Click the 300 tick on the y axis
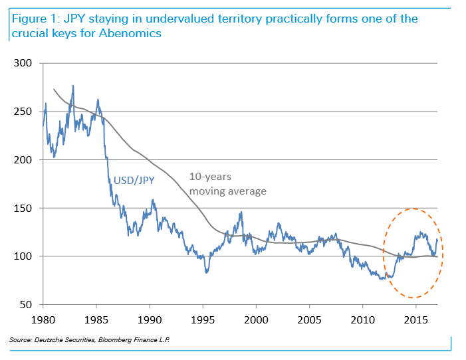point(25,64)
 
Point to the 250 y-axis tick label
point(25,112)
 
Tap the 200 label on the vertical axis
point(25,160)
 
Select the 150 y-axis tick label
point(25,208)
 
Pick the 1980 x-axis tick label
point(43,319)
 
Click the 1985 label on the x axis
point(96,319)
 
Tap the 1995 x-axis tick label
point(203,319)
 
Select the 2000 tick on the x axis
point(256,319)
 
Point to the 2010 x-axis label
point(362,319)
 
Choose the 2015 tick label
point(415,319)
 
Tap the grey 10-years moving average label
point(228,185)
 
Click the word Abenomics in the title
point(130,33)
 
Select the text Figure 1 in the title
point(33,19)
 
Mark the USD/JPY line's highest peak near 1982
point(72,86)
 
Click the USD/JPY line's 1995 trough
point(207,272)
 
